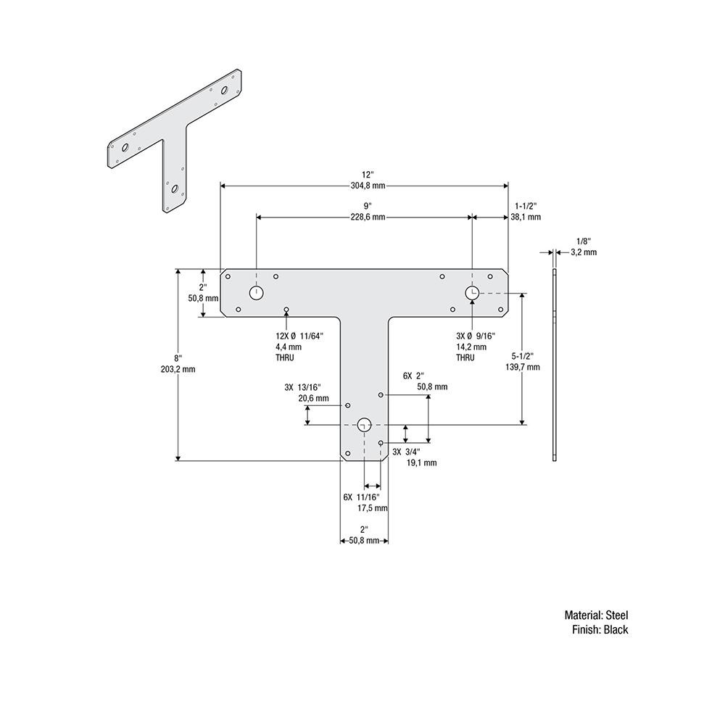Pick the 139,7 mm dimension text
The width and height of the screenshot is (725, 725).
pyautogui.click(x=523, y=368)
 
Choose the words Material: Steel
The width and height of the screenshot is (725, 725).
pyautogui.click(x=596, y=615)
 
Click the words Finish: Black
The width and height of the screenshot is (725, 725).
pyautogui.click(x=600, y=630)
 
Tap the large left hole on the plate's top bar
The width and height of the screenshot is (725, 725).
pyautogui.click(x=257, y=292)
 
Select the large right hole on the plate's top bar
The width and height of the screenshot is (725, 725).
pyautogui.click(x=471, y=292)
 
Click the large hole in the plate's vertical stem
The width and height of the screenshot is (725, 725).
pyautogui.click(x=365, y=425)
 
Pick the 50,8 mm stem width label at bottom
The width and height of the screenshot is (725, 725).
pyautogui.click(x=364, y=541)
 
